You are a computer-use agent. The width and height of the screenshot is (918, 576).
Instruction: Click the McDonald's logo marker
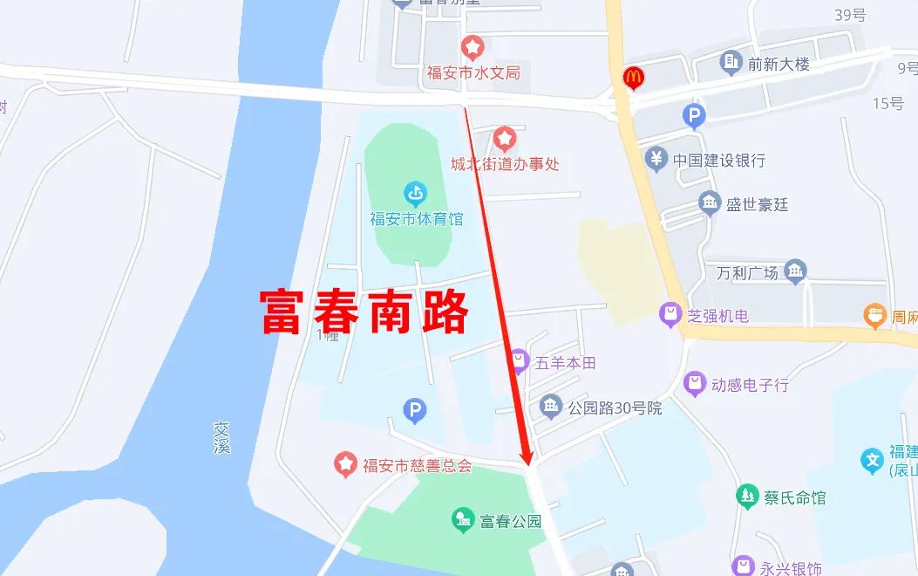[633, 78]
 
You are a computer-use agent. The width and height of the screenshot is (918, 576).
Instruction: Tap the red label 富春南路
[365, 312]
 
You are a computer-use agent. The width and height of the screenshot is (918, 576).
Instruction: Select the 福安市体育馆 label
[417, 219]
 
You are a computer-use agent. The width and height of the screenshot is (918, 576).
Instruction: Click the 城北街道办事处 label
[505, 163]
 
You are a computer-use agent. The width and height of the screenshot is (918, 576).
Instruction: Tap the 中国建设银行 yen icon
[656, 160]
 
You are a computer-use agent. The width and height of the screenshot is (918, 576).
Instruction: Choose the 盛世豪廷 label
[757, 204]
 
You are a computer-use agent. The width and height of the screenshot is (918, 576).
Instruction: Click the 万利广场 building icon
[795, 271]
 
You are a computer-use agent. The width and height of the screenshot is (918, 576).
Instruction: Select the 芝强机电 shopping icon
[670, 315]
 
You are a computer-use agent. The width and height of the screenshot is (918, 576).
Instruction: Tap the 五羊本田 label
[565, 362]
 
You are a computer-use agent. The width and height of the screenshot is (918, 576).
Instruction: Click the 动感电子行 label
[750, 384]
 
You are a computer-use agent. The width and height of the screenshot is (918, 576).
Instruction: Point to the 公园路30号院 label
[615, 408]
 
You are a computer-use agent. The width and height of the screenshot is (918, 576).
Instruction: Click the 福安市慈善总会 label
[418, 465]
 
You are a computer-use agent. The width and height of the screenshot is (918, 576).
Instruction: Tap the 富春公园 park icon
[463, 521]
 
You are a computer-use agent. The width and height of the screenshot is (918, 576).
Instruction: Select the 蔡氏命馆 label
[794, 497]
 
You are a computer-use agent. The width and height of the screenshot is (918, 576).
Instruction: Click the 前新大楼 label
[779, 63]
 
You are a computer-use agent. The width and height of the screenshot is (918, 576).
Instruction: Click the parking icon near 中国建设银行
[694, 115]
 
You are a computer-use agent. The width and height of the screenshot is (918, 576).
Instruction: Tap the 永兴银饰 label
[790, 568]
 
